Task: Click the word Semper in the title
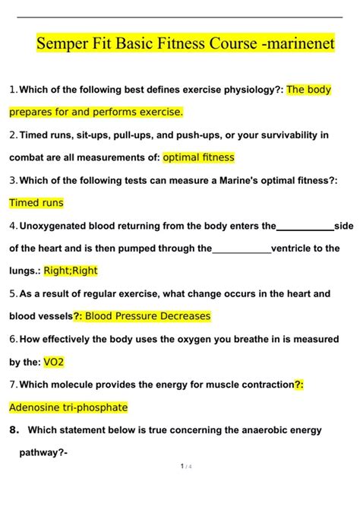click(x=62, y=45)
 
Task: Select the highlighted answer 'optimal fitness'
click(x=199, y=157)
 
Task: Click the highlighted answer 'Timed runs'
click(x=36, y=203)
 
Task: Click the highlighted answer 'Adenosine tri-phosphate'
click(x=68, y=407)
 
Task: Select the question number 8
click(x=14, y=429)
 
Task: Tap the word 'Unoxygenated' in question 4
click(x=55, y=226)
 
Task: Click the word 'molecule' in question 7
click(x=71, y=385)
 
